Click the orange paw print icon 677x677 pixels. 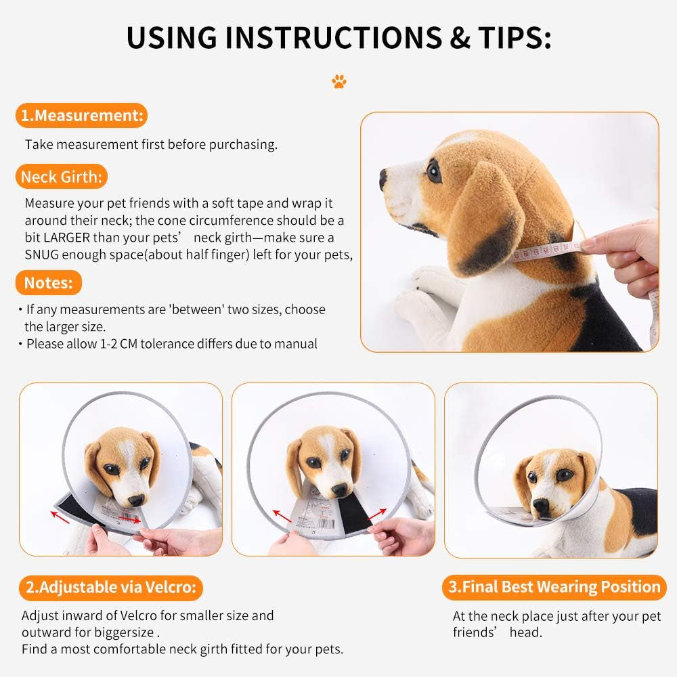point(339,81)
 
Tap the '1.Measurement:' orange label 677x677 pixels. point(82,115)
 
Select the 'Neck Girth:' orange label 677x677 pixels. point(62,177)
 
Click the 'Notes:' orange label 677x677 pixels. point(48,283)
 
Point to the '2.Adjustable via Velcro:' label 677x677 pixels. point(111,587)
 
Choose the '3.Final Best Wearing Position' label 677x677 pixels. point(554,587)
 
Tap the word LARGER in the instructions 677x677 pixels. point(67,238)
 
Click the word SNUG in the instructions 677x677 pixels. point(41,255)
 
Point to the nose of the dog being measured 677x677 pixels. point(383,178)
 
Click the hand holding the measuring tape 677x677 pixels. point(621,255)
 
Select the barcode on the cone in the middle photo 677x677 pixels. point(326,525)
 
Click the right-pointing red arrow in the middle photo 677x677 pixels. point(377,515)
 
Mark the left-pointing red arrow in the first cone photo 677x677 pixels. point(60,517)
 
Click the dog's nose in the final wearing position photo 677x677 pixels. point(540,504)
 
